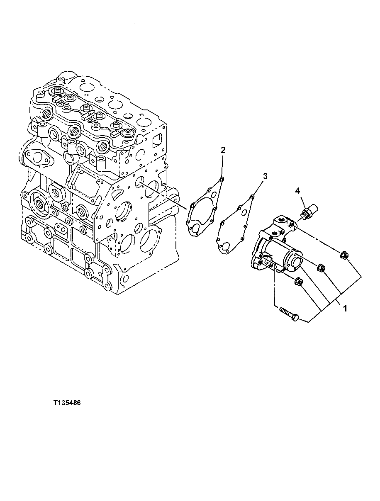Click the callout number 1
pyautogui.click(x=344, y=308)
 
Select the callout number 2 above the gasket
pyautogui.click(x=223, y=150)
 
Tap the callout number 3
pyautogui.click(x=265, y=176)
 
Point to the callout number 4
pyautogui.click(x=297, y=191)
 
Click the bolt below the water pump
pyautogui.click(x=290, y=314)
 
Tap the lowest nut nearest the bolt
pyautogui.click(x=298, y=282)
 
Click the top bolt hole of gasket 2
pyautogui.click(x=222, y=179)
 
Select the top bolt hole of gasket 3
pyautogui.click(x=252, y=197)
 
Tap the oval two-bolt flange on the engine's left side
pyautogui.click(x=38, y=157)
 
